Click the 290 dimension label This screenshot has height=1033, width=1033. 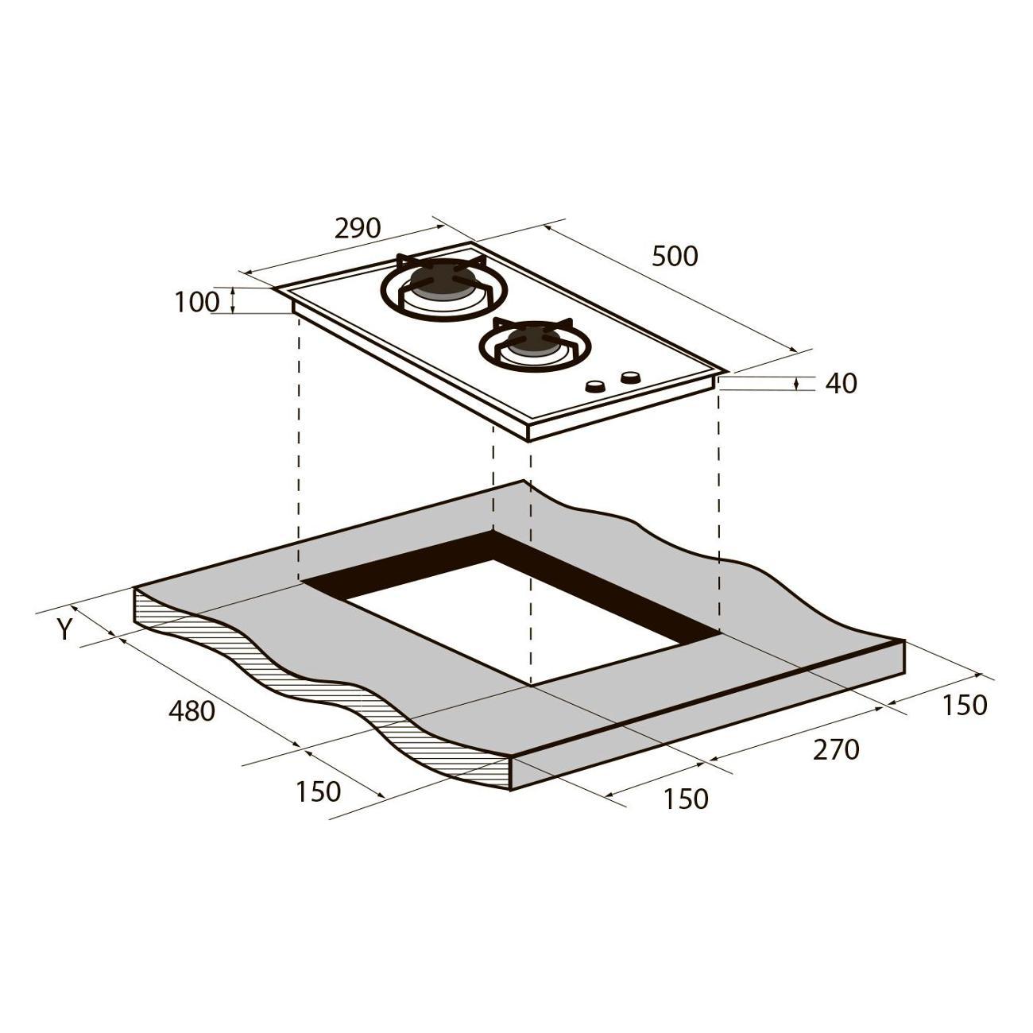358,229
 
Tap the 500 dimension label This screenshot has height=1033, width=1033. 675,256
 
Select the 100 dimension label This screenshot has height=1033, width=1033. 197,302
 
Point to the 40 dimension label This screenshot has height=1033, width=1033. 841,383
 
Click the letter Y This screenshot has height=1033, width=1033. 65,629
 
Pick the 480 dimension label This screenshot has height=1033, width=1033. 192,711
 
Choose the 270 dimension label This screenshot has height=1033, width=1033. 836,750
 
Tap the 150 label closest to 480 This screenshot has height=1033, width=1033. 319,791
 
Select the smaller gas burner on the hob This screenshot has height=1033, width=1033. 535,343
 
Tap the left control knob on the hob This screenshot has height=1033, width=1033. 594,386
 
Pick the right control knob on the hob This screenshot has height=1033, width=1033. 630,377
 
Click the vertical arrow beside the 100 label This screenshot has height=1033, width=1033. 233,300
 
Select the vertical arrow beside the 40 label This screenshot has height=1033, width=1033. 796,383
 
